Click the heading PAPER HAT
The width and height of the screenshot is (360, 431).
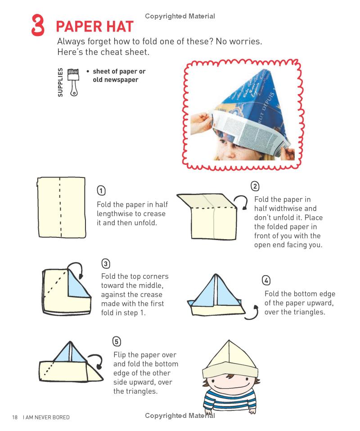94,27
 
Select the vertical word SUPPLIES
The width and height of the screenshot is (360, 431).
60,82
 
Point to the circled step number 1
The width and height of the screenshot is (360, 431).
101,191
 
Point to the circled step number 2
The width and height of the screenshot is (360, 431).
255,186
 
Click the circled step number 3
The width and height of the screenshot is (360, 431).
105,263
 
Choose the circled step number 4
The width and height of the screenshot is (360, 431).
266,281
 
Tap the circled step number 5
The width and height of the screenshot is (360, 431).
117,341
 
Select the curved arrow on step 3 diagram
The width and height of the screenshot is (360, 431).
79,272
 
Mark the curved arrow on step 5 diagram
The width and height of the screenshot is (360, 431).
96,360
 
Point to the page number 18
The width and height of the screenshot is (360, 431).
15,417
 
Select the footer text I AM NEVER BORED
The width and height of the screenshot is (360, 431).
46,417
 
